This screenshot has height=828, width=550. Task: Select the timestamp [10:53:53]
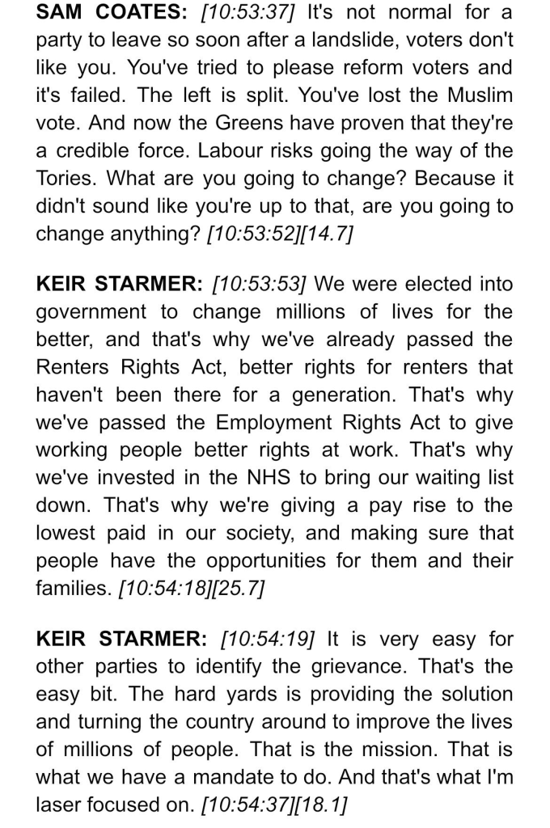tap(258, 284)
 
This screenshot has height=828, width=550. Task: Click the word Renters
tap(74, 366)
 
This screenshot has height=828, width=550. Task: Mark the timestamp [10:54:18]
tap(161, 588)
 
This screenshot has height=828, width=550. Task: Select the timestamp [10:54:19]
tap(268, 639)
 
